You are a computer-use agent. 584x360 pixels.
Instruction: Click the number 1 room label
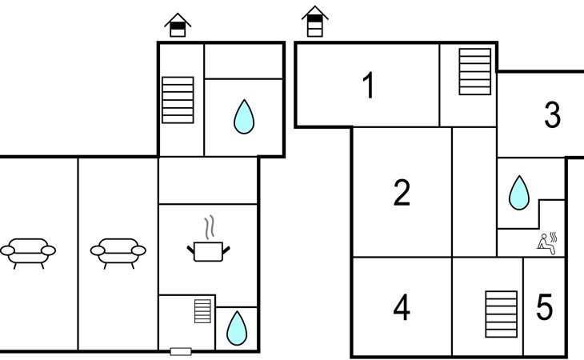[369, 86]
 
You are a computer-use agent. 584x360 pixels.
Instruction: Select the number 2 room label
[402, 193]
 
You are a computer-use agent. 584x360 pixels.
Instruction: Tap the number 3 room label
[552, 114]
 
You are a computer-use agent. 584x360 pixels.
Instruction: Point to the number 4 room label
[402, 307]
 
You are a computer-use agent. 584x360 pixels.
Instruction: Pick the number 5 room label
[544, 307]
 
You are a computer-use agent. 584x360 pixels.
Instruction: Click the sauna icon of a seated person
[546, 243]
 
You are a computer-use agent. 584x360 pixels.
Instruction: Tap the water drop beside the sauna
[519, 193]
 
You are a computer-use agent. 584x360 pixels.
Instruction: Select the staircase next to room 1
[475, 71]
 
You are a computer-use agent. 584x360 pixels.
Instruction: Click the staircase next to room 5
[502, 314]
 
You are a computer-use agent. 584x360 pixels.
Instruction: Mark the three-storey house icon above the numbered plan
[314, 22]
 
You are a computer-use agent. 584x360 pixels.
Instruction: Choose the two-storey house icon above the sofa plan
[178, 25]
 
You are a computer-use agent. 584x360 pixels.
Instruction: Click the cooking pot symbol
[208, 251]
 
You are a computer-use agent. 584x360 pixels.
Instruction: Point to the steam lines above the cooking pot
[210, 226]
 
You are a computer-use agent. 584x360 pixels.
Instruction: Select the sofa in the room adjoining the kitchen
[118, 253]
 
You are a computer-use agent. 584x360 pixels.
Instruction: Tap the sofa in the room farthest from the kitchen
[28, 253]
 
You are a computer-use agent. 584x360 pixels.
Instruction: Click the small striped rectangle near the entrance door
[202, 311]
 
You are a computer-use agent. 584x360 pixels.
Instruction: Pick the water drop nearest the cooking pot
[237, 328]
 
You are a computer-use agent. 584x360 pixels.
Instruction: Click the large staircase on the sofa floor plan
[178, 100]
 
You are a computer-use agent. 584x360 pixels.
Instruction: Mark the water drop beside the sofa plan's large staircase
[244, 117]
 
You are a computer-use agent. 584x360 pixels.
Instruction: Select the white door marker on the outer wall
[181, 351]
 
